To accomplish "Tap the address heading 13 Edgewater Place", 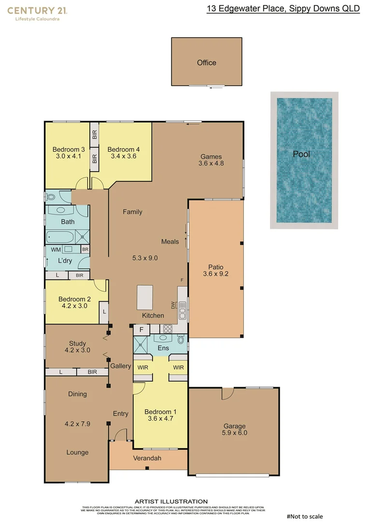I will point(283,9).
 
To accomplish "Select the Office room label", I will point(206,63).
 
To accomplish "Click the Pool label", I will point(301,154).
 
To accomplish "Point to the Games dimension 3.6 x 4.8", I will point(211,163).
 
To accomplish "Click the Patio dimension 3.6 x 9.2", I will point(215,274).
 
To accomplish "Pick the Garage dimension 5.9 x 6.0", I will point(234,433).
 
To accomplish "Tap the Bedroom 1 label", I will point(160,412).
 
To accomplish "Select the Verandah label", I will point(147,458).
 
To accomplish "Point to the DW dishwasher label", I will point(173,305).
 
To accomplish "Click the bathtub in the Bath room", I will point(60,237).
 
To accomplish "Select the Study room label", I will point(77,344).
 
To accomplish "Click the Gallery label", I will point(120,366).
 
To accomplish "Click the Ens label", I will point(163,348).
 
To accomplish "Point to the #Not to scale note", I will point(304,517).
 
